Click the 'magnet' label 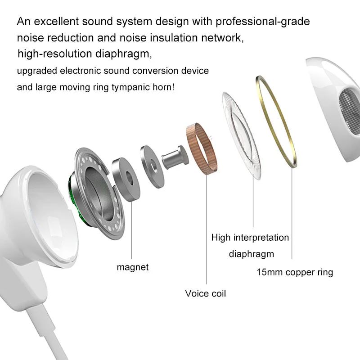(132, 267)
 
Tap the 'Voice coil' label (206, 293)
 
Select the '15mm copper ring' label (295, 272)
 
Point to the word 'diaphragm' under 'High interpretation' (252, 254)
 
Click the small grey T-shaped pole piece (175, 157)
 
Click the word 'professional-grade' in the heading (263, 21)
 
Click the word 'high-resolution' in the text (54, 54)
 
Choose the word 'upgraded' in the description (37, 71)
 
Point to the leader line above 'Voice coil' (207, 229)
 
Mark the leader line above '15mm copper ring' (292, 213)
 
